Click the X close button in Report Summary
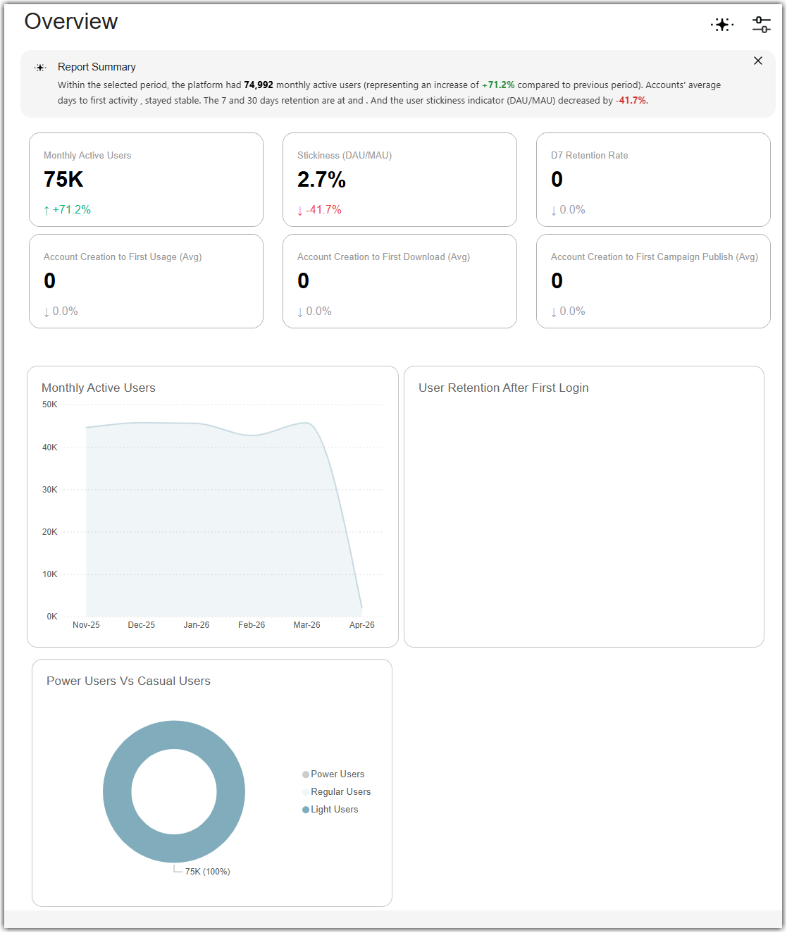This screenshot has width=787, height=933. tap(758, 61)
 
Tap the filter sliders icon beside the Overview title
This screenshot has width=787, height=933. tap(761, 24)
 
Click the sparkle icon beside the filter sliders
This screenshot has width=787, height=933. tap(721, 24)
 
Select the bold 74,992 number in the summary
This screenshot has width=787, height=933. tap(259, 85)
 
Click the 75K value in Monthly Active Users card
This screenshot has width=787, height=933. tap(63, 179)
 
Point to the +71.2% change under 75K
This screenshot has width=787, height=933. tap(68, 209)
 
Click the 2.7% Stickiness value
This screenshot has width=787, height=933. tap(321, 179)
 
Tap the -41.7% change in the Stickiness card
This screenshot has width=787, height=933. tap(320, 209)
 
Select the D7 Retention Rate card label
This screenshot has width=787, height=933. tap(589, 155)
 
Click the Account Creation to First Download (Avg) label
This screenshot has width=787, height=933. tap(383, 257)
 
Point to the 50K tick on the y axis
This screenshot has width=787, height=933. tap(49, 404)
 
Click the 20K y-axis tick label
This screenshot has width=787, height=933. tap(49, 532)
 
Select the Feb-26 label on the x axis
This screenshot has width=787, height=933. tap(252, 624)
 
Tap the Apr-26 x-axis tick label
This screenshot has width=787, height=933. tap(361, 624)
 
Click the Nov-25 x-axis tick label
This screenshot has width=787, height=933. tap(86, 624)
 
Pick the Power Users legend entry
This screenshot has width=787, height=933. tap(333, 774)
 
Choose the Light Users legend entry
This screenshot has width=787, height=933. tap(330, 809)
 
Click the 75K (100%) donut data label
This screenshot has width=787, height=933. tap(207, 871)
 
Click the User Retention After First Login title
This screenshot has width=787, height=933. tap(503, 388)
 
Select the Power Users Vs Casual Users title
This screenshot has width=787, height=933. tap(128, 681)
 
